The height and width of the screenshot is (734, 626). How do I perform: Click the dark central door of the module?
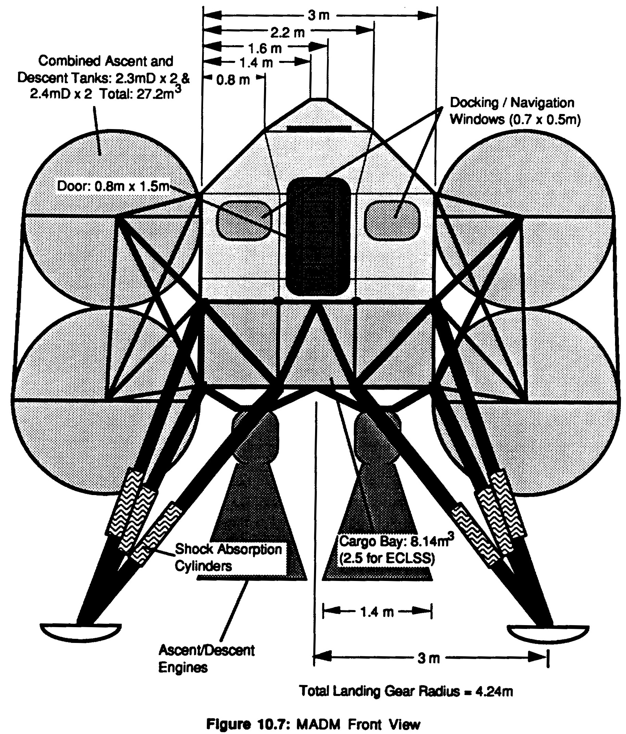318,236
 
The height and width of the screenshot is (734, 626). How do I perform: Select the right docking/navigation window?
392,220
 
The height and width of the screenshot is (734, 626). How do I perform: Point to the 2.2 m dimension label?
287,33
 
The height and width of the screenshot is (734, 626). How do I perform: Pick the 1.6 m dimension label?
265,48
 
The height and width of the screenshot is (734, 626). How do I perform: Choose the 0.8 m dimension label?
233,80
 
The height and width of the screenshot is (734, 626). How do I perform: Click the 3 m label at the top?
318,15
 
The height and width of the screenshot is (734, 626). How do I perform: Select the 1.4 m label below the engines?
377,612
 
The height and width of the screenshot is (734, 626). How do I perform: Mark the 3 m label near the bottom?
428,658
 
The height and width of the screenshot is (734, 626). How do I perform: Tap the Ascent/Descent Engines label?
206,659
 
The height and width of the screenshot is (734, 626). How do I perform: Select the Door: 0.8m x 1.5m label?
113,186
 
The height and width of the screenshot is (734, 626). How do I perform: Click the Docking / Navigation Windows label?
515,111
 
